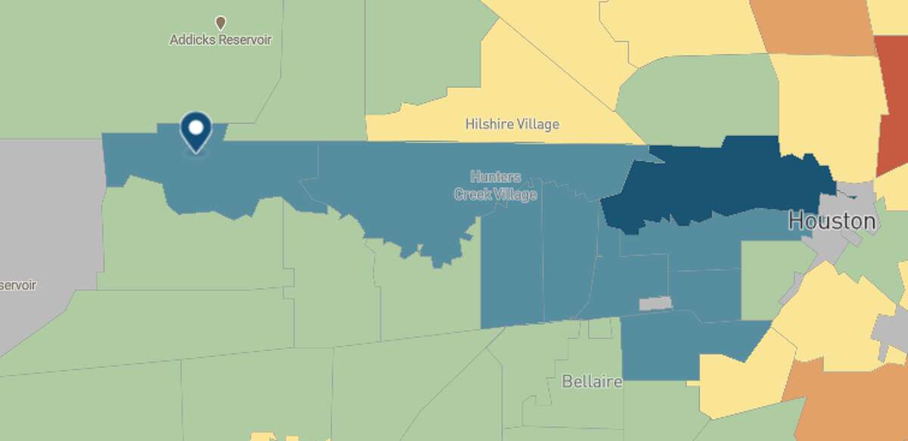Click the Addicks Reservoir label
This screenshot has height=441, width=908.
[x=220, y=39]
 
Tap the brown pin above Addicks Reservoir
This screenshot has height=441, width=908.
[x=220, y=23]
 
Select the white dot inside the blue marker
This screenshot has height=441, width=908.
[x=196, y=127]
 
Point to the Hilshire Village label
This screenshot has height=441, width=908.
[x=512, y=123]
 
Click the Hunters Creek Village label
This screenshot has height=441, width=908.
[x=496, y=185]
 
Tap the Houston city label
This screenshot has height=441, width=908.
[x=832, y=222]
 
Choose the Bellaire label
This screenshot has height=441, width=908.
[x=592, y=381]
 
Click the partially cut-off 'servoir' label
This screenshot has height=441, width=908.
[x=18, y=285]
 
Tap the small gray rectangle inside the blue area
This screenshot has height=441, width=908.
[x=655, y=303]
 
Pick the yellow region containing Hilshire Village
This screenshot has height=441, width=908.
[x=522, y=91]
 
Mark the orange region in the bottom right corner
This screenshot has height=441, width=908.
[x=840, y=401]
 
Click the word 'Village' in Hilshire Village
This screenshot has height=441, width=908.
[x=533, y=123]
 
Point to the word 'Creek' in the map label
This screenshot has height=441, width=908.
[x=473, y=194]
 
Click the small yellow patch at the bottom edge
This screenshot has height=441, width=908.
[x=263, y=436]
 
